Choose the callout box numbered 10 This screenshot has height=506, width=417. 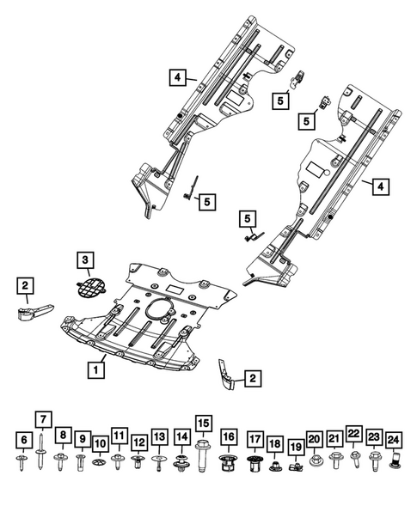[x=100, y=444]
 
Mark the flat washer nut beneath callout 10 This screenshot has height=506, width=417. [x=100, y=465]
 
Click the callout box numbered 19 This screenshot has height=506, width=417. [x=295, y=447]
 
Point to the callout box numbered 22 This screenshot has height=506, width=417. [x=353, y=433]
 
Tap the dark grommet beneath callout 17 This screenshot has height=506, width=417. [x=255, y=465]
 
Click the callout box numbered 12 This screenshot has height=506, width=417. [x=138, y=442]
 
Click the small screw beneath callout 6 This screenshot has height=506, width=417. [x=24, y=464]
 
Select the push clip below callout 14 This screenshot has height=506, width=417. [x=181, y=465]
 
